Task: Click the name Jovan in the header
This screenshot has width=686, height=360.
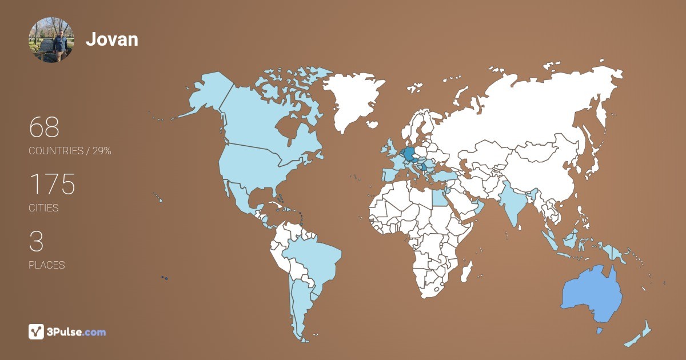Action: (112, 39)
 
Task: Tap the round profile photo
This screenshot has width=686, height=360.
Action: (51, 39)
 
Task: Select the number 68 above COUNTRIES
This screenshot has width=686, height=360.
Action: (44, 127)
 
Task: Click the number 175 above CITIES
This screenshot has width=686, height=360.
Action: (52, 185)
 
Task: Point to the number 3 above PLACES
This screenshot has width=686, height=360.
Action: (36, 242)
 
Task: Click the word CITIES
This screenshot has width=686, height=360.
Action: (43, 208)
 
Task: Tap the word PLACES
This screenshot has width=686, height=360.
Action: (46, 265)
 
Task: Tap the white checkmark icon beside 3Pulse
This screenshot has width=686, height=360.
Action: (36, 331)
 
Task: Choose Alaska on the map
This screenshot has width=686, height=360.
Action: (206, 94)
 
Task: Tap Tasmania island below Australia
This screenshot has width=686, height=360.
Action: (599, 331)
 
